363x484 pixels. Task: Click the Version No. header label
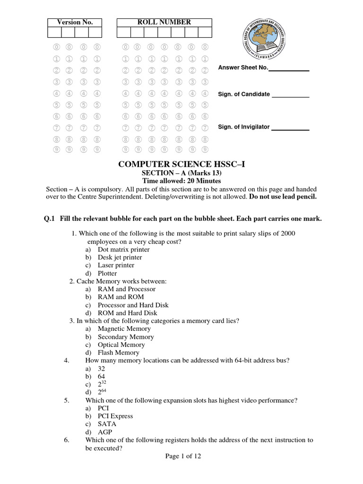click(x=75, y=22)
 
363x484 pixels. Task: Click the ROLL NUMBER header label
click(x=164, y=22)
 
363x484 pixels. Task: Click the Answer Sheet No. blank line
click(x=289, y=70)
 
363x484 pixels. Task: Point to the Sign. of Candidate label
click(x=244, y=94)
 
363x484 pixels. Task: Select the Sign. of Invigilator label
click(x=244, y=127)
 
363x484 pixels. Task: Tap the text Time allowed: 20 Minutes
click(x=182, y=181)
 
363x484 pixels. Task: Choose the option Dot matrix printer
click(x=123, y=250)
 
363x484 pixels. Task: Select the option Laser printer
click(x=116, y=265)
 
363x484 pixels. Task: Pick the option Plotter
click(x=107, y=273)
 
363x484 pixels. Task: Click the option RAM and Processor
click(x=126, y=289)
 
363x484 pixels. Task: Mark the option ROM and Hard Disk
click(x=128, y=313)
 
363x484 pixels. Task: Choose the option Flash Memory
click(x=118, y=353)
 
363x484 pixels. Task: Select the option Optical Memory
click(x=121, y=345)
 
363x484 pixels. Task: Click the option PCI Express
click(x=115, y=416)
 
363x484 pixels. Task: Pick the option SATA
click(x=107, y=424)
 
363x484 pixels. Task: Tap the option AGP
click(x=105, y=432)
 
